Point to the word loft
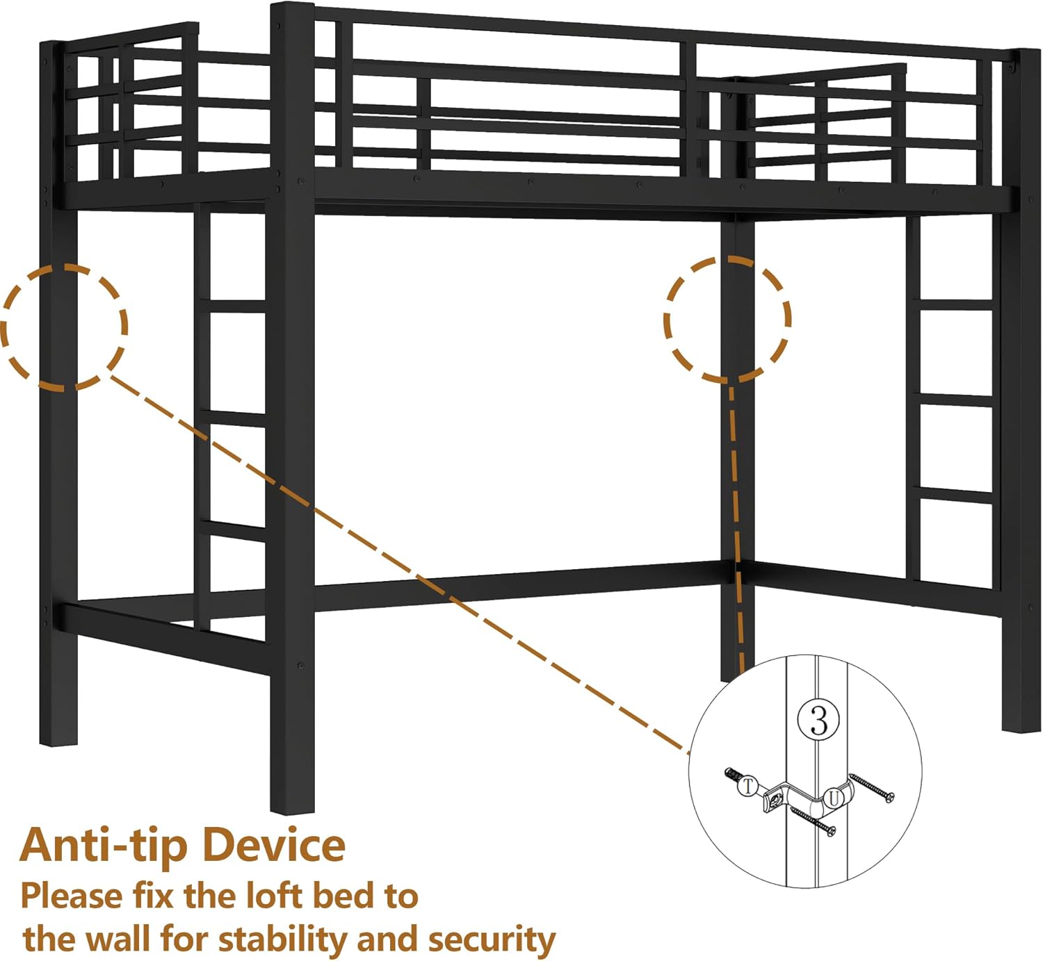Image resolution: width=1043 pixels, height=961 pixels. [273, 896]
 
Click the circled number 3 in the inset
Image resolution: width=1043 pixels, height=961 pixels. [819, 721]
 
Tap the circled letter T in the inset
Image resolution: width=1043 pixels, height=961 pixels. [748, 786]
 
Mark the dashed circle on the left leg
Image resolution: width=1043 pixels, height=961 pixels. [64, 327]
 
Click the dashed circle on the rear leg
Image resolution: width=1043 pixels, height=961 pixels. [727, 320]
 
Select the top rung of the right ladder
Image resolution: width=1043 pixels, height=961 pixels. [956, 306]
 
